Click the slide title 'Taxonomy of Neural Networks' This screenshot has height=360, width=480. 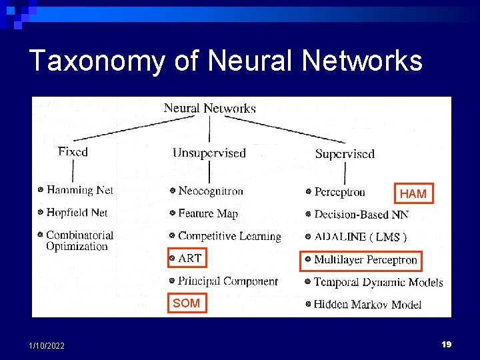click(226, 61)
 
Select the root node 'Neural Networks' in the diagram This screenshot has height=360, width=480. click(210, 108)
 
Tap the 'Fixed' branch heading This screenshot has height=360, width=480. click(73, 152)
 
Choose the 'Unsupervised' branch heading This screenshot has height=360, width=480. click(209, 153)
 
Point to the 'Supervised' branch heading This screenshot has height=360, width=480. click(345, 154)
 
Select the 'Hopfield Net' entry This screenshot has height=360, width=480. click(77, 213)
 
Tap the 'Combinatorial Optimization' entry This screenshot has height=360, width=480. click(79, 241)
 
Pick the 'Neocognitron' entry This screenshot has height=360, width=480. click(211, 191)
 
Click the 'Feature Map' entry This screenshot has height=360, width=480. click(208, 214)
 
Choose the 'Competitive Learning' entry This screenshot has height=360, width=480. click(229, 236)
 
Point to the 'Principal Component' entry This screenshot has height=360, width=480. click(227, 281)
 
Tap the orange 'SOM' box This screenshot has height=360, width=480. click(186, 303)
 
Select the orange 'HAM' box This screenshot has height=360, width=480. click(413, 193)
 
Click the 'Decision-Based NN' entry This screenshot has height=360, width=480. click(361, 215)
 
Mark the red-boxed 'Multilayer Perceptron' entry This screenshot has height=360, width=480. click(365, 260)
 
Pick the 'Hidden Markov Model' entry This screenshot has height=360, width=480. click(367, 305)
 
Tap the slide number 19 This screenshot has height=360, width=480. click(446, 344)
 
